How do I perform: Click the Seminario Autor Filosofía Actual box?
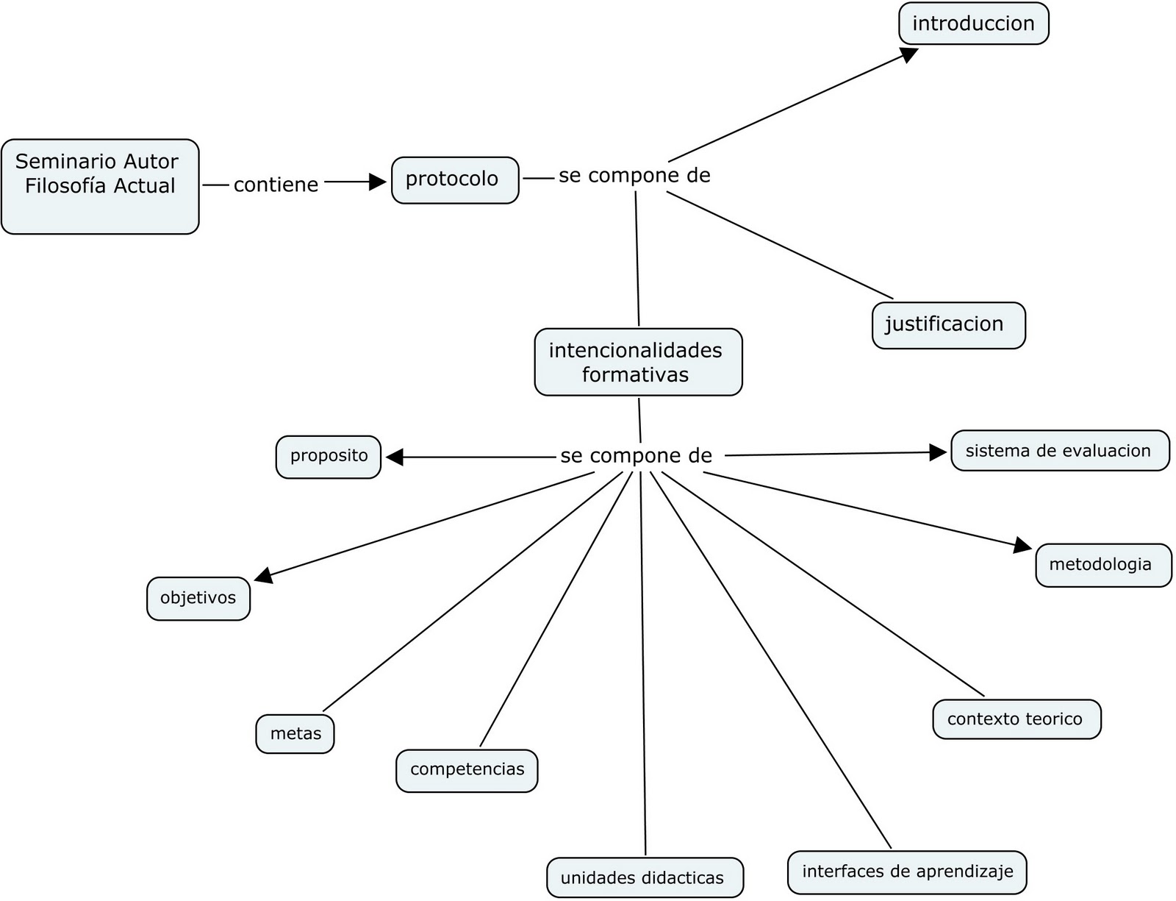click(x=100, y=187)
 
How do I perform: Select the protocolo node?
click(x=455, y=179)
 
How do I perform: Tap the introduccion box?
click(x=973, y=24)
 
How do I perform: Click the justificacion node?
click(x=948, y=325)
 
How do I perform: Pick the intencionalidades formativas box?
click(x=638, y=362)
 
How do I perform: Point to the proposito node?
click(x=329, y=457)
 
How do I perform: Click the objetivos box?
click(x=198, y=598)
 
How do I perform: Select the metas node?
click(x=295, y=733)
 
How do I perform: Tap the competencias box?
click(x=467, y=770)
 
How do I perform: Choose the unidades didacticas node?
click(x=645, y=877)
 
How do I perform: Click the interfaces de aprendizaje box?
click(x=907, y=872)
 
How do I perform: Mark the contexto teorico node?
click(x=1017, y=719)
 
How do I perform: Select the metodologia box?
click(x=1102, y=565)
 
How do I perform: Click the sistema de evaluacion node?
click(x=1059, y=451)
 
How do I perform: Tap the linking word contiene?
click(x=276, y=185)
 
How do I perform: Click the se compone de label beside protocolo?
click(x=634, y=176)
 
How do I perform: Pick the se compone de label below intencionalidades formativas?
click(x=636, y=456)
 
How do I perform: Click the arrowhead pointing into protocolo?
click(x=378, y=182)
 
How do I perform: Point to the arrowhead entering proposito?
click(x=395, y=457)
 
